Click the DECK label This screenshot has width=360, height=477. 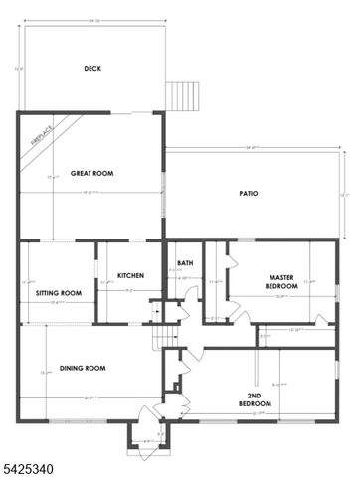point(92,69)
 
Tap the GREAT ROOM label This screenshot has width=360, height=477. point(91,173)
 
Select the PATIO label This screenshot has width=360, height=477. point(249,193)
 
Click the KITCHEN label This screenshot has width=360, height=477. point(132,275)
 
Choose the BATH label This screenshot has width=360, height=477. point(185,263)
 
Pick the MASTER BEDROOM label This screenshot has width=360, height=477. point(280,281)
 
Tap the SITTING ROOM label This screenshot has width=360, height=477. point(58,294)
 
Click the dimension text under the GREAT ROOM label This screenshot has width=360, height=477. point(92,192)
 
